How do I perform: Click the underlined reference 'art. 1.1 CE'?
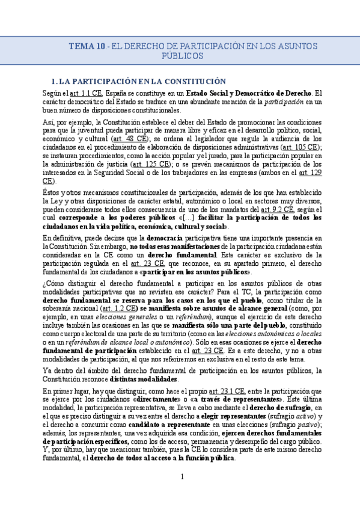pos(87,93)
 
